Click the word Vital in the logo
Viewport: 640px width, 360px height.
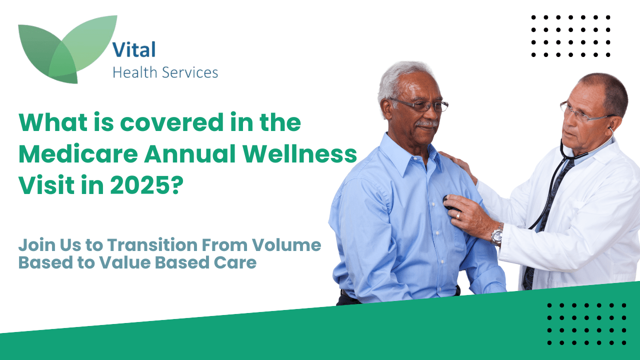[x=134, y=49]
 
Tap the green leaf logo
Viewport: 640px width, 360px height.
[x=67, y=49]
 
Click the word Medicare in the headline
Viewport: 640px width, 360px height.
[x=78, y=154]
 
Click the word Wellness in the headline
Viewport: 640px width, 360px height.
[x=299, y=154]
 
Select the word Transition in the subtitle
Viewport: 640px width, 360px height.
[x=152, y=245]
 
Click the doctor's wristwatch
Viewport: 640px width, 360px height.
[x=497, y=235]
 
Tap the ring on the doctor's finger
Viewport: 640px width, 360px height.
[x=458, y=215]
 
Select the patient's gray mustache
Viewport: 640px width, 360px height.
[x=427, y=123]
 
